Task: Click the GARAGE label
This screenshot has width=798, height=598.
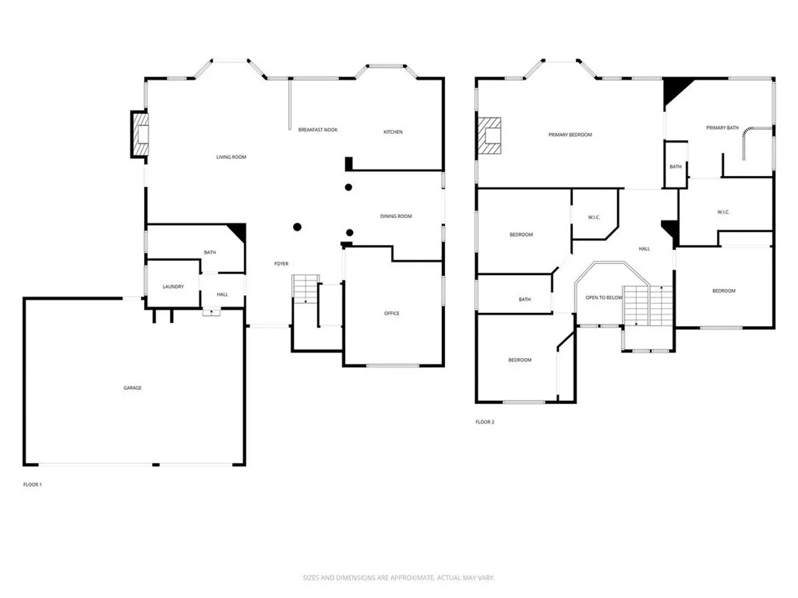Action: coord(132,388)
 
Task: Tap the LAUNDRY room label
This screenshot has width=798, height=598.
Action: coord(173,287)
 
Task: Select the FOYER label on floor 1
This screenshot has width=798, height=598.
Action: coord(281,264)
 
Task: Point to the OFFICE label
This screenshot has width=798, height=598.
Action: coord(392,313)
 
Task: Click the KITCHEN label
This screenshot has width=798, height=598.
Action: coord(393,132)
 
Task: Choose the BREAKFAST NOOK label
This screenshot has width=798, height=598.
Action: coord(318,129)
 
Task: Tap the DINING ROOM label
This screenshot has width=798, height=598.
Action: coord(396,216)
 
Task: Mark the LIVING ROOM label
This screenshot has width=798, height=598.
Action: coord(231,157)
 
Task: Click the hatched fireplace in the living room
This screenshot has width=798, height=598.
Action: coord(139,135)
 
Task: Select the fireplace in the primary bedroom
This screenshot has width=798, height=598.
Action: coord(491,135)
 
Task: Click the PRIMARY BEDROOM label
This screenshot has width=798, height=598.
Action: coord(570,135)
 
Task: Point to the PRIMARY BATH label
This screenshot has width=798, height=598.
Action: coord(722,128)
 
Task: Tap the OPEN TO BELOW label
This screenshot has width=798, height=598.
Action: coord(604,297)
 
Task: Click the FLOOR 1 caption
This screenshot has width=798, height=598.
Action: coord(32,484)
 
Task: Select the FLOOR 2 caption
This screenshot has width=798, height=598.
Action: coord(485,422)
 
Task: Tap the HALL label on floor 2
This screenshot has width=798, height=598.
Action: coord(644,248)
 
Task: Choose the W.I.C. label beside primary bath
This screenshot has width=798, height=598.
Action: coord(723,212)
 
